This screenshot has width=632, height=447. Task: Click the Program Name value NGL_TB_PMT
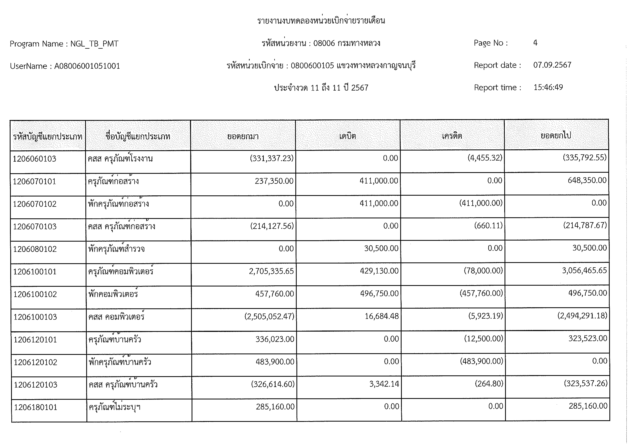coord(94,44)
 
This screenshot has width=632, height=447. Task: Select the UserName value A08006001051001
coord(87,66)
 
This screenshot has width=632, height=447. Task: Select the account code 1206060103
coord(34,159)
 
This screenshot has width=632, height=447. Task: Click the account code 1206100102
coord(35,294)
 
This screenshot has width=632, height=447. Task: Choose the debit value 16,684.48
coord(382,316)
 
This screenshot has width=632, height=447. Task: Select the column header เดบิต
coord(347,136)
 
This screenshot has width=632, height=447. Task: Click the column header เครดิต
coord(452,136)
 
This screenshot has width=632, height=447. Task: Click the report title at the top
coord(321,21)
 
